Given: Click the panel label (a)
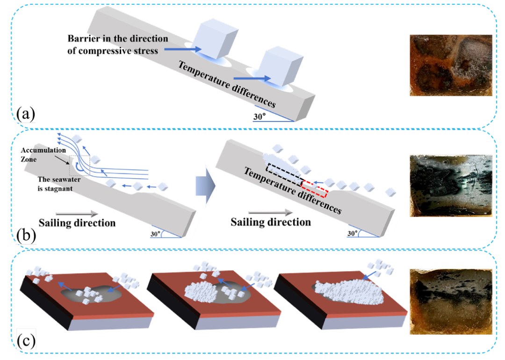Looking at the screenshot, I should (x=26, y=114).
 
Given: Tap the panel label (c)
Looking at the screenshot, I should (x=26, y=342).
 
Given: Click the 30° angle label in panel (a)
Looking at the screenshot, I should (x=260, y=117).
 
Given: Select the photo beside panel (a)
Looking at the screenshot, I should (x=450, y=65).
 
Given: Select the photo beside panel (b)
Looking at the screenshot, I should (x=450, y=186).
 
